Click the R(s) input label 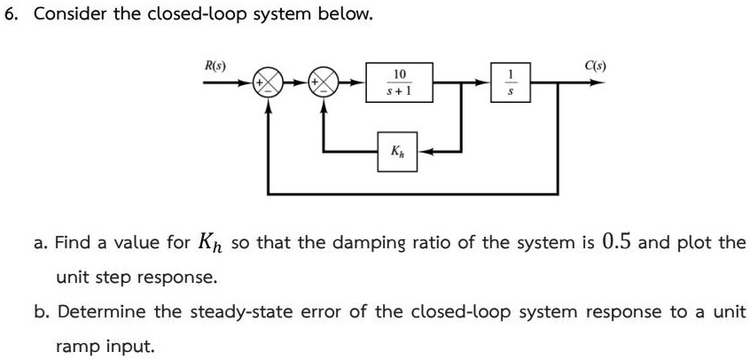(x=215, y=67)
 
